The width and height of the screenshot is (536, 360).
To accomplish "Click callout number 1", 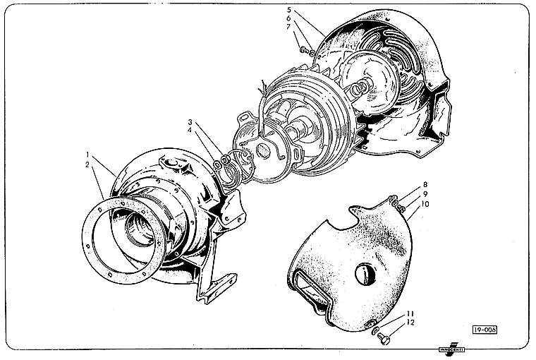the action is coord(88,154).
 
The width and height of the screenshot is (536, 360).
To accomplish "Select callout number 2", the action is coord(87,165).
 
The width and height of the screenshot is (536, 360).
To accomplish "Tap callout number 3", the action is coord(190,122).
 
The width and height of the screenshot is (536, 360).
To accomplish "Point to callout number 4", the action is coord(189,131).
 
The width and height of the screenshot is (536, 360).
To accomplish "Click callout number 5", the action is coord(289,10).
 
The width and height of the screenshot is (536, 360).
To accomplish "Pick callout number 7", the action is coord(288,26).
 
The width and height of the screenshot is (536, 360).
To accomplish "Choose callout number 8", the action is coord(425,185).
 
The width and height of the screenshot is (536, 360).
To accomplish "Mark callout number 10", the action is coord(425,204).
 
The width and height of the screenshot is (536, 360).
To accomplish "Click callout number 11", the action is coord(410,313).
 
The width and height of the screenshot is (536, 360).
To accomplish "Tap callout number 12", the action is coord(410,323).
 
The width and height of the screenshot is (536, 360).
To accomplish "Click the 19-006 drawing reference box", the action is coord(485,330).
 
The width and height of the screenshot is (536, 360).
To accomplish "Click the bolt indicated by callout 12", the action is coord(383,339).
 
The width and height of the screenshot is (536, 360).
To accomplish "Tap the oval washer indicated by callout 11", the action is coord(375,330).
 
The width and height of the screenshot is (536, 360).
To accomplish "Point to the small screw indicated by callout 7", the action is coord(303,50).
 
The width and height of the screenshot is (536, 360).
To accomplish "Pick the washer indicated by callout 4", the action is coord(217,165).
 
